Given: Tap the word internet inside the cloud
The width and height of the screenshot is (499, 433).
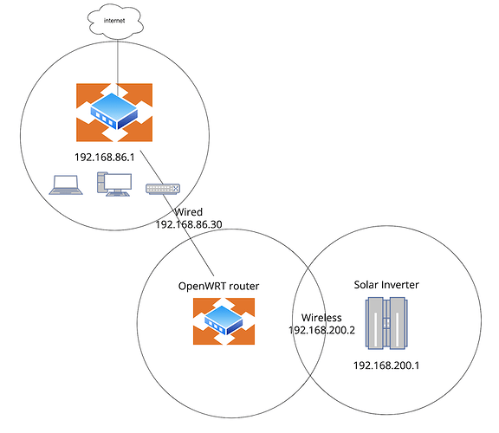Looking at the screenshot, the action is (114, 21).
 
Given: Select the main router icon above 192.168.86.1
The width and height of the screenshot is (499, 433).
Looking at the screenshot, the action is (114, 113).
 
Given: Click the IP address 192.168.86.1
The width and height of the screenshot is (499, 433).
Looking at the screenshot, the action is (104, 157).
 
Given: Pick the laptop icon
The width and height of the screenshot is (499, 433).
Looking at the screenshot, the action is (66, 184).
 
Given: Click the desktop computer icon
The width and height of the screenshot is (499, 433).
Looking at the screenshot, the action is (114, 184).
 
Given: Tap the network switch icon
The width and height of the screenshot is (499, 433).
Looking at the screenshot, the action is (163, 189).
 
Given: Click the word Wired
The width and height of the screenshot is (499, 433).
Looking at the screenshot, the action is (188, 212).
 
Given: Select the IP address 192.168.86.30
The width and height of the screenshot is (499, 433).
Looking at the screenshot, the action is (189, 224).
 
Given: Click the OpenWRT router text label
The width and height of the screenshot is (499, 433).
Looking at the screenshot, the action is (218, 286).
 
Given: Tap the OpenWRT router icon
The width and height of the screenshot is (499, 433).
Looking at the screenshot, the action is (224, 321).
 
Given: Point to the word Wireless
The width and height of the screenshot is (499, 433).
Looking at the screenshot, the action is (321, 318).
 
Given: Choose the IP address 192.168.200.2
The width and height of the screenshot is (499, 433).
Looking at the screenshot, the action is (321, 330).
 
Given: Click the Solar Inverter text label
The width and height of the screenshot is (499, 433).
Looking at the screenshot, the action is (386, 285).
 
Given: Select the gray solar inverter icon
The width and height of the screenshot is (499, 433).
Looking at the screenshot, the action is (386, 323).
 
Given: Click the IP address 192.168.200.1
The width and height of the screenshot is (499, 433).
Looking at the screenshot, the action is (386, 365).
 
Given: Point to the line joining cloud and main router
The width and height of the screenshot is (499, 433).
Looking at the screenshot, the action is (118, 67).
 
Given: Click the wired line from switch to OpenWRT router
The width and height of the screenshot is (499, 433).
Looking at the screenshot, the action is (177, 213).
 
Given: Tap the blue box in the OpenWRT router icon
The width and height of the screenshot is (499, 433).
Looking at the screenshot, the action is (224, 320).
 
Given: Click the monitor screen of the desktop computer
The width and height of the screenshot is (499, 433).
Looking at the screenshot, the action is (119, 182).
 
